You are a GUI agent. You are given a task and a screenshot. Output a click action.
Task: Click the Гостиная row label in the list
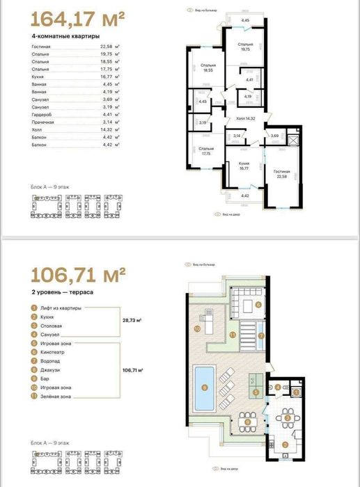[x=41, y=46]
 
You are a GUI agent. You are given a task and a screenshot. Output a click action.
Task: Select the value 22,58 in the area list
[x=104, y=46]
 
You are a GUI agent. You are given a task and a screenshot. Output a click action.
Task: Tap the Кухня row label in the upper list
[x=38, y=77]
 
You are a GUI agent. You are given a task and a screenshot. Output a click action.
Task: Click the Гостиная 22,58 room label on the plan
[x=282, y=173]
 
